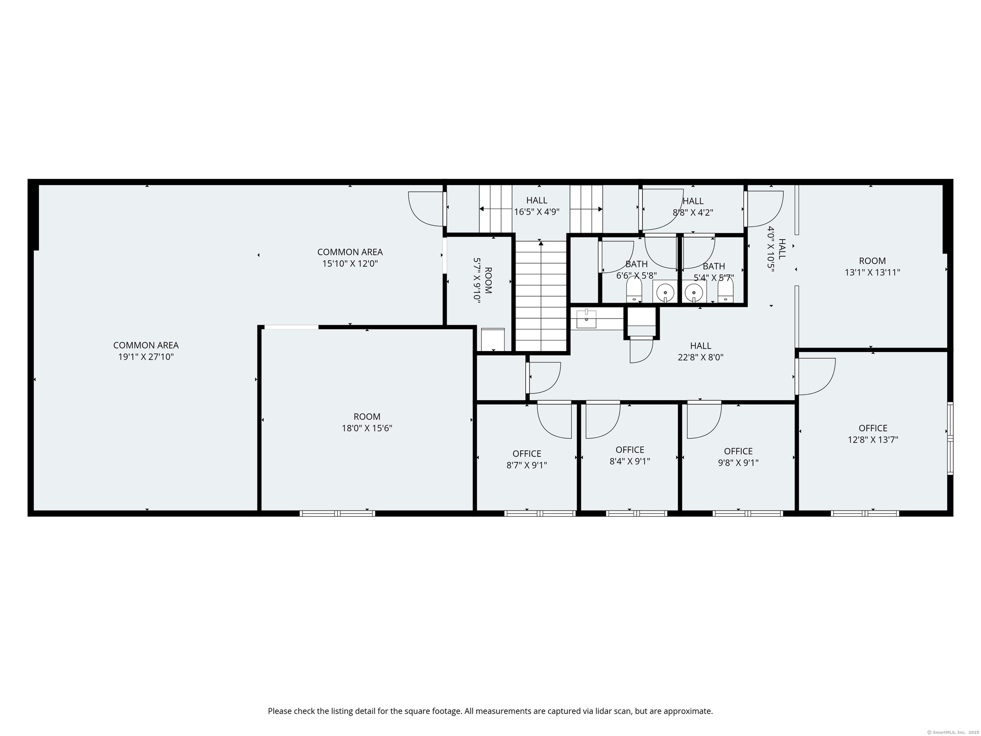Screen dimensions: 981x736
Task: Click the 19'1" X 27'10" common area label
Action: [x=146, y=351]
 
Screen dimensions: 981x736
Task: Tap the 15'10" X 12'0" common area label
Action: [x=350, y=258]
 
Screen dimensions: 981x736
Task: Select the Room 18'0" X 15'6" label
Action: [x=367, y=422]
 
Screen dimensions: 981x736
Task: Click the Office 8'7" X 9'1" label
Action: [x=527, y=459]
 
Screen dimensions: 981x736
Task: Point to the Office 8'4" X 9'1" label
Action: [x=630, y=455]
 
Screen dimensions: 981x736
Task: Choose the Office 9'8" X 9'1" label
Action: [x=738, y=457]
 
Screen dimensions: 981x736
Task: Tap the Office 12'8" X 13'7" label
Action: [x=873, y=433]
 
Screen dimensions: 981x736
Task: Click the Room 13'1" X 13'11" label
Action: [x=872, y=266]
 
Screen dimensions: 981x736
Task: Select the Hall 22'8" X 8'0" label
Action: [x=700, y=352]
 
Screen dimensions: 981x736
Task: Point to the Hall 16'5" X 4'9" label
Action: [x=536, y=206]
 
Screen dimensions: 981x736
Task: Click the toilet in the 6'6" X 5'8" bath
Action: [x=634, y=290]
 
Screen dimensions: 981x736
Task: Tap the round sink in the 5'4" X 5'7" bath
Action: [x=693, y=293]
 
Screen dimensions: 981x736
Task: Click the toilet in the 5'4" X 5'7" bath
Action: [x=726, y=290]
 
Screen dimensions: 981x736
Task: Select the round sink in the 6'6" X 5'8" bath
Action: [x=665, y=293]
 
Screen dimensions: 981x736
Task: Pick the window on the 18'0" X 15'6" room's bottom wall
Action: [x=337, y=513]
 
